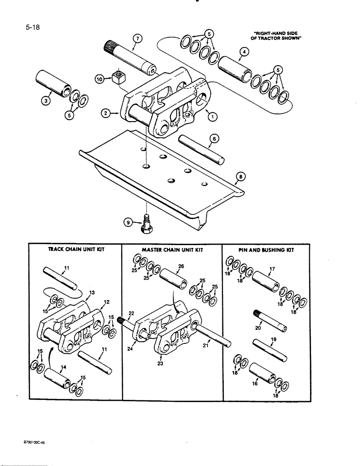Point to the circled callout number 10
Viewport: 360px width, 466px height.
click(99, 80)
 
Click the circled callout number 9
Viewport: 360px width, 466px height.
click(129, 223)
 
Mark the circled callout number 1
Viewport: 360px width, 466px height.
click(213, 117)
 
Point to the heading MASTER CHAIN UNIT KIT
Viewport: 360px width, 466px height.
click(171, 250)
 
